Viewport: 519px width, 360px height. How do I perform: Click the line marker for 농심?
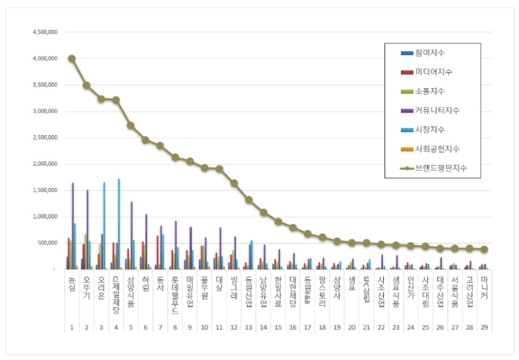pos(72,58)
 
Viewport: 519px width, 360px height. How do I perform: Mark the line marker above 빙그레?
pos(234,183)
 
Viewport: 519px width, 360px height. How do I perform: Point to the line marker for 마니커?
pos(484,249)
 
